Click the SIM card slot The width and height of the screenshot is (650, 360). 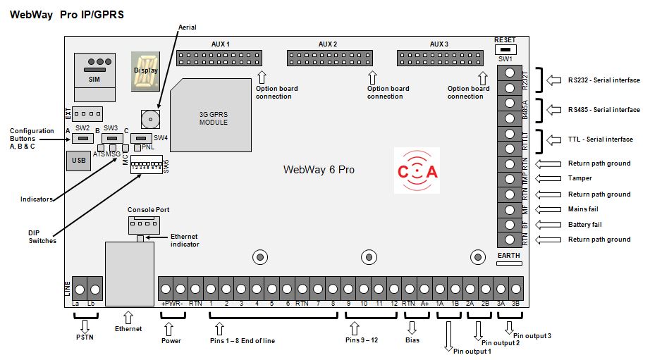click(94, 71)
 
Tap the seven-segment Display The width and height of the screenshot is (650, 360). click(146, 71)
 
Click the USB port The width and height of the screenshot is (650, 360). click(78, 161)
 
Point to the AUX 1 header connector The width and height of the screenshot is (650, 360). click(219, 58)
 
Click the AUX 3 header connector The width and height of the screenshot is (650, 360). click(440, 58)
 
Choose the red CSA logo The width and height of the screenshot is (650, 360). click(417, 170)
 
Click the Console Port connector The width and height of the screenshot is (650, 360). click(143, 224)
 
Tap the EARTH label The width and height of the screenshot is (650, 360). click(508, 255)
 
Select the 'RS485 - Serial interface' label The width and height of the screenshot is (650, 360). click(604, 110)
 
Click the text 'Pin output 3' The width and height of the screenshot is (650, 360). click(532, 336)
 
